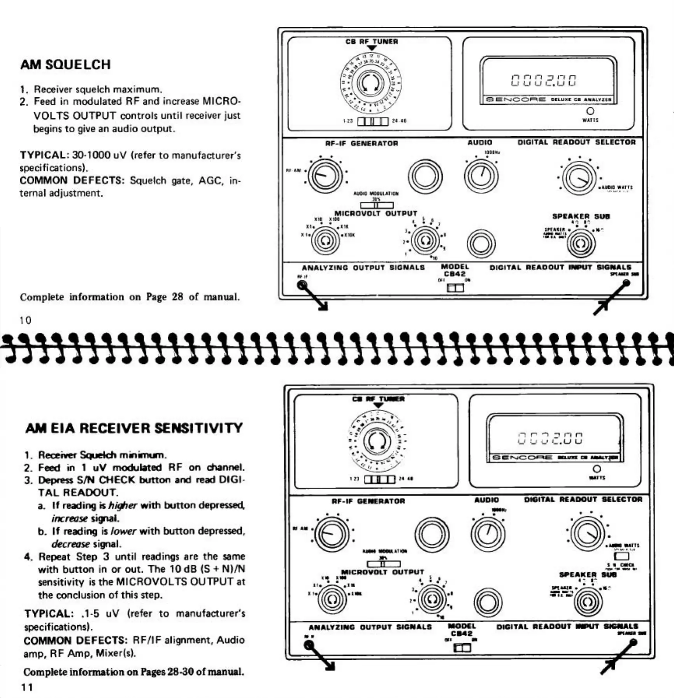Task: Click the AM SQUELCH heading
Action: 65,65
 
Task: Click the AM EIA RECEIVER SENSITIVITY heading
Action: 134,428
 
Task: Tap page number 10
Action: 25,320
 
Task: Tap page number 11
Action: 27,687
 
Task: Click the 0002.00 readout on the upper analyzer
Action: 543,81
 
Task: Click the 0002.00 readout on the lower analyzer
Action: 550,438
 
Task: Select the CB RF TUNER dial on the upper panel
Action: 370,82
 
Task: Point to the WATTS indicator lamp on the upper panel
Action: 590,111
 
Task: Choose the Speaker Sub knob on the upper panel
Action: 581,243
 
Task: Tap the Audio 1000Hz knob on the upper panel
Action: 481,175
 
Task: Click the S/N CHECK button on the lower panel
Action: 621,556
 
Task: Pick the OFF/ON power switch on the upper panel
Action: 455,288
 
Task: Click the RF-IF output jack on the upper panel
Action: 302,285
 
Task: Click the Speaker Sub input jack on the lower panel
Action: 633,642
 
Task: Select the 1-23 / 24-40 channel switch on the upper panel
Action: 373,121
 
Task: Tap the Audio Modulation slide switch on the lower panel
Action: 383,563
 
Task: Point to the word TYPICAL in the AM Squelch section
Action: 43,155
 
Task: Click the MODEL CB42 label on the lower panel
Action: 462,630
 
